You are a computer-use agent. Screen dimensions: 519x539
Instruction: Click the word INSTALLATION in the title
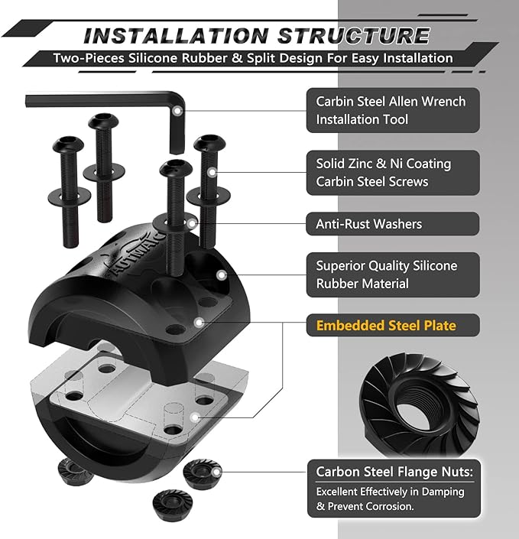(176, 36)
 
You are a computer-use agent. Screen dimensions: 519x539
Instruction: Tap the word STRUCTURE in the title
(354, 36)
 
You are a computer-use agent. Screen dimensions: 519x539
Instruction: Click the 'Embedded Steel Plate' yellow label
(386, 325)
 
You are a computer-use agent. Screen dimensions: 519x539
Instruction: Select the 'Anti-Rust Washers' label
(368, 224)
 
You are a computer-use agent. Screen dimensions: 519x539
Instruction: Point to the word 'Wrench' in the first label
(443, 102)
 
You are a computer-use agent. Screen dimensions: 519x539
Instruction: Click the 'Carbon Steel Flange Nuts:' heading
(394, 472)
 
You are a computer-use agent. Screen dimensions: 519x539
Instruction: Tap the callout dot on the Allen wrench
(177, 111)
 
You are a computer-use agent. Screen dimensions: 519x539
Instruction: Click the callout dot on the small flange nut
(216, 472)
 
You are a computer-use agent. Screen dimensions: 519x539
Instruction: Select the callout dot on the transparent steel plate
(195, 417)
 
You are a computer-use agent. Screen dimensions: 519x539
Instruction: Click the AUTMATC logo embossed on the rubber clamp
(138, 252)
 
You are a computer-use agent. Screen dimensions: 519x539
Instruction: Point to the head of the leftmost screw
(68, 144)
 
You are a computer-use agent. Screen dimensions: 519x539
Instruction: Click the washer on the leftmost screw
(70, 196)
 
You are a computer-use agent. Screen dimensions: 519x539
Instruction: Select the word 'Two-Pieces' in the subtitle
(89, 58)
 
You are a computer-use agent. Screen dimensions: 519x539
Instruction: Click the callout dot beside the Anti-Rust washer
(192, 224)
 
